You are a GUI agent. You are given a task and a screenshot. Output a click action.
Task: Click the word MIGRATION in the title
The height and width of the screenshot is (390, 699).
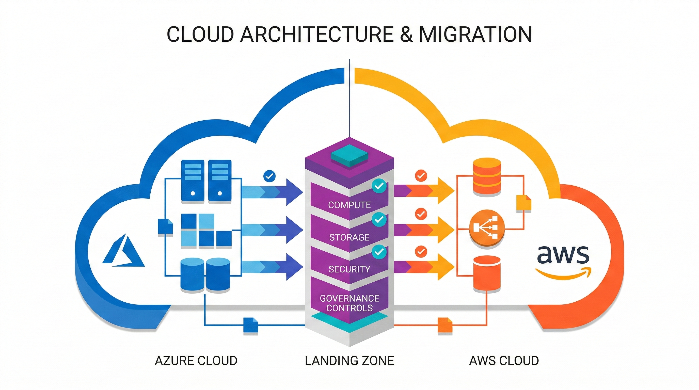pos(475,34)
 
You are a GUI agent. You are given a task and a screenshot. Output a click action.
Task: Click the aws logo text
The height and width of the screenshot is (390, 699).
pos(563,255)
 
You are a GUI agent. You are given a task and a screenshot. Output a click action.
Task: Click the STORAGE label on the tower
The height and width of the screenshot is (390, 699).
pos(349,237)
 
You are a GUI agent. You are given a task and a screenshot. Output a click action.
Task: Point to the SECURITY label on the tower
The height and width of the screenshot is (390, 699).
pos(349,269)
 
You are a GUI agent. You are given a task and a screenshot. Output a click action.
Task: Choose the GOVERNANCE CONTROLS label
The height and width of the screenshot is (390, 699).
pos(349,303)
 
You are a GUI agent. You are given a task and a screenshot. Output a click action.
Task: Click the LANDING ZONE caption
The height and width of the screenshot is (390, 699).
pos(349,361)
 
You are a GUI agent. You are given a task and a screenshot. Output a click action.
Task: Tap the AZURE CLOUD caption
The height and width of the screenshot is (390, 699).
pos(196,361)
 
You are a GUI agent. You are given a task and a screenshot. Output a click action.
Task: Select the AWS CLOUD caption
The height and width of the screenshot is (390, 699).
pos(504,361)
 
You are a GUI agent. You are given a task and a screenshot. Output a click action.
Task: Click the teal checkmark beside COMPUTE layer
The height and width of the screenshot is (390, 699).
pos(379,186)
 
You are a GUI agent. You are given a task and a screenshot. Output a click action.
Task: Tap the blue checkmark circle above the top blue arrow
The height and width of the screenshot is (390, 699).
pos(269,176)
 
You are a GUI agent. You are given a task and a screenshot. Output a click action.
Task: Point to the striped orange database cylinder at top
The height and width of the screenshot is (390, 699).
pos(487,176)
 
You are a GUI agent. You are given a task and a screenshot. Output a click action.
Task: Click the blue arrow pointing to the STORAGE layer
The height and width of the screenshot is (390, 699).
pos(271,230)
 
